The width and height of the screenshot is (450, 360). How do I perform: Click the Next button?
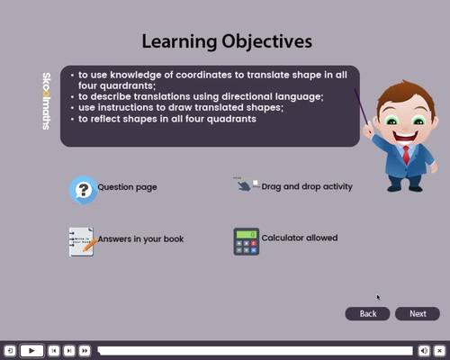(x=418, y=313)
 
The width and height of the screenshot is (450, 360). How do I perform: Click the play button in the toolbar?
(x=31, y=350)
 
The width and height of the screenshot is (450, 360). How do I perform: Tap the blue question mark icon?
(x=83, y=189)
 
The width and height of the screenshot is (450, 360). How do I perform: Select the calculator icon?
(x=246, y=240)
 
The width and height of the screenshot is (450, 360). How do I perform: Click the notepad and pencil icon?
(x=82, y=241)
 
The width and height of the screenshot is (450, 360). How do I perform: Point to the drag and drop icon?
(x=245, y=184)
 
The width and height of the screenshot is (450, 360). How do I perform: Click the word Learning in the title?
(x=180, y=41)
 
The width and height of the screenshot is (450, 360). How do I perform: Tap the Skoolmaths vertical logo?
(x=46, y=101)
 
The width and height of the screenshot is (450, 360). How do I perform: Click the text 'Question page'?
(x=127, y=187)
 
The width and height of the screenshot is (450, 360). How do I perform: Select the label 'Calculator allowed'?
(x=299, y=238)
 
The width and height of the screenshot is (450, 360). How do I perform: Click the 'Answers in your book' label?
(x=140, y=238)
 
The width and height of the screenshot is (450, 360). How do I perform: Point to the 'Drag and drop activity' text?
(x=306, y=186)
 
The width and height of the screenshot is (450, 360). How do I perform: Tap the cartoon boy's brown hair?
(x=399, y=94)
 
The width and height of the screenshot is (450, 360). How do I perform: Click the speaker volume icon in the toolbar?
(x=423, y=350)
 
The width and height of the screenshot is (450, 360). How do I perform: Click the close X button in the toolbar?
(x=439, y=350)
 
